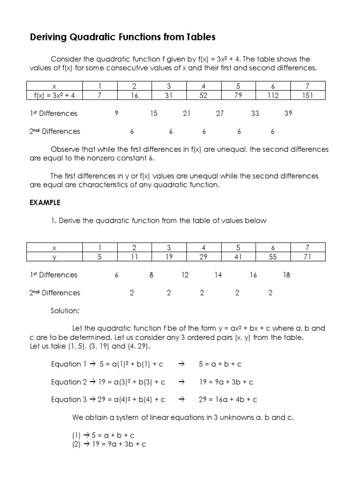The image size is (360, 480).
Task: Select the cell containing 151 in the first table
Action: tap(307, 95)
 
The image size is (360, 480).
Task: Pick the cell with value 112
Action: tap(273, 95)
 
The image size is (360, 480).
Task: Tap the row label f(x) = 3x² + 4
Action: tap(54, 95)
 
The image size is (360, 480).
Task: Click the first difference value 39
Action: tap(288, 113)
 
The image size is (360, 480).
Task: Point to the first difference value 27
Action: tap(220, 113)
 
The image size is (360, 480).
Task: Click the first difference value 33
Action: tap(255, 113)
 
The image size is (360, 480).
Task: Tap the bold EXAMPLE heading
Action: tap(45, 203)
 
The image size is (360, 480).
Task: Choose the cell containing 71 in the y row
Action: tap(307, 256)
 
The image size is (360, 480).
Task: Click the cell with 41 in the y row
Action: tap(238, 256)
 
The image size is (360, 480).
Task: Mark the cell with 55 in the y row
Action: tap(273, 256)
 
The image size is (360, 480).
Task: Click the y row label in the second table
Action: tap(54, 256)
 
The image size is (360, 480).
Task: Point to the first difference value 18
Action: tap(286, 275)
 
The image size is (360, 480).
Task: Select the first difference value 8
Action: tap(151, 275)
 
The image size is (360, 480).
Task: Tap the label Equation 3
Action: tap(66, 399)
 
